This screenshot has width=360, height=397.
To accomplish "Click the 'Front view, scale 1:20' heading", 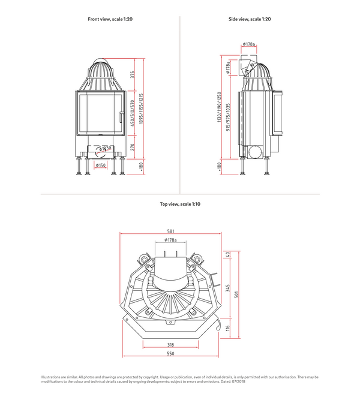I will click(x=110, y=19).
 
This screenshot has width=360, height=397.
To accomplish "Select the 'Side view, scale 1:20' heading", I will click(x=250, y=19).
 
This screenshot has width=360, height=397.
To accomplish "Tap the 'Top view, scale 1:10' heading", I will click(x=180, y=204).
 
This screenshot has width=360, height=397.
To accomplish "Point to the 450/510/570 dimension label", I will click(x=133, y=112).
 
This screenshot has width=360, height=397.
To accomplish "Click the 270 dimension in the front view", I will click(x=133, y=146).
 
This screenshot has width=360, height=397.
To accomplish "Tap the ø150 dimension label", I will click(x=101, y=166).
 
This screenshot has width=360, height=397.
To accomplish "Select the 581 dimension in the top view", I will click(x=171, y=231).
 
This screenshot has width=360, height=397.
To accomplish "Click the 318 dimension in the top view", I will click(x=171, y=345).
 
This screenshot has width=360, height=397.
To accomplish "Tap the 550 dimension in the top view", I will click(x=171, y=354).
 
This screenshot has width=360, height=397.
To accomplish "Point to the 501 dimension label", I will click(x=236, y=293).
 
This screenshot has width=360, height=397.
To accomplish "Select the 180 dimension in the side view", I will click(x=220, y=166).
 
